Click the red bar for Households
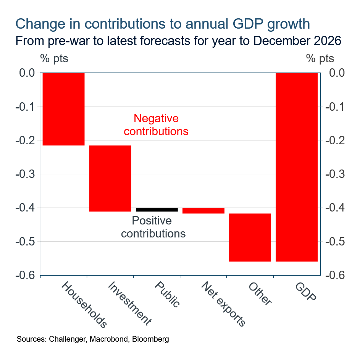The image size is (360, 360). point(63,109)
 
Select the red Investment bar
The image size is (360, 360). point(110,178)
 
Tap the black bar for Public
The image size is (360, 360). point(157,210)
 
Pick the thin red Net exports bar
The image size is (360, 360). point(203,210)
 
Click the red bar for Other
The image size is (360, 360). point(250,237)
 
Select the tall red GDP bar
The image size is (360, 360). point(296,167)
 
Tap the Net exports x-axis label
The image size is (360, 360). point(223,304)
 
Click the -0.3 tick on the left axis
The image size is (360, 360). point(25,174)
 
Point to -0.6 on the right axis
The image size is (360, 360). point(336,275)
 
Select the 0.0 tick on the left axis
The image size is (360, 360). point(27,73)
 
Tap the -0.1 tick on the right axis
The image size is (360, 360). point(336,107)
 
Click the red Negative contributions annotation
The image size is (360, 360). point(156,125)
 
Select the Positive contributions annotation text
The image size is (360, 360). point(153,227)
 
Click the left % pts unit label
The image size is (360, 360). point(54,58)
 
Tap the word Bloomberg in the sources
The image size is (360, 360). point(150,339)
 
